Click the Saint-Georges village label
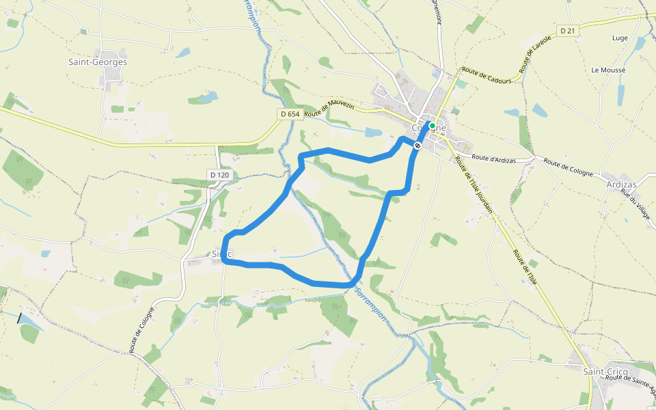click(x=98, y=62)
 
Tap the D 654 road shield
click(x=290, y=114)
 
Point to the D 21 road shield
click(x=568, y=31)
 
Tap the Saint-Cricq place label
click(x=605, y=371)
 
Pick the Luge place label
click(x=620, y=38)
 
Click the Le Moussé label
click(x=608, y=70)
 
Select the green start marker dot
click(x=432, y=126)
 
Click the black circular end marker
click(x=418, y=145)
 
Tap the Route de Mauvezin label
click(x=331, y=109)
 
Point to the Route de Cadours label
click(x=487, y=75)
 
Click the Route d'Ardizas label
click(x=493, y=158)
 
